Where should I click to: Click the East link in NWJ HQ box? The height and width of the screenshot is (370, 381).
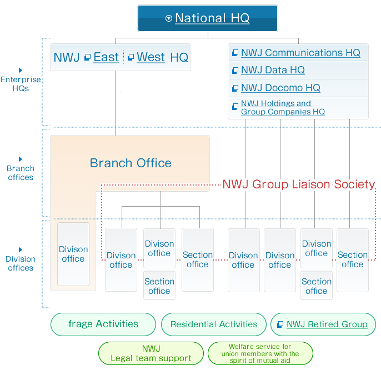coord(106,57)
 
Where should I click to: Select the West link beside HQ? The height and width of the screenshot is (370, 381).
coord(151,57)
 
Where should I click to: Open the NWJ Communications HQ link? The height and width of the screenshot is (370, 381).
coord(300,53)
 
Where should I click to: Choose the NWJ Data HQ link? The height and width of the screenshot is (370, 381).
coord(273,71)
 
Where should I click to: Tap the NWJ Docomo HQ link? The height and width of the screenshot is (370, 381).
coord(280,88)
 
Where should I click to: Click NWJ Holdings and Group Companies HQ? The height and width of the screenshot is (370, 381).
coord(282,107)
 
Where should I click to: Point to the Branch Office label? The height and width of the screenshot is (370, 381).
coord(131,163)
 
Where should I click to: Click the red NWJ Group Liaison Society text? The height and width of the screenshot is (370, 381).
coord(299,184)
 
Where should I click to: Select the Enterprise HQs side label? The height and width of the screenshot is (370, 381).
coord(21,84)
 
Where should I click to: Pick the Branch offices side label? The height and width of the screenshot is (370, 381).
coord(21,173)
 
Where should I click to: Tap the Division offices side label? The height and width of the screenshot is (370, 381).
coord(21,263)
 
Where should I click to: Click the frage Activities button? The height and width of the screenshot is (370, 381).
coord(103,324)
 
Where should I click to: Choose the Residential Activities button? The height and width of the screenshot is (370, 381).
coord(214,324)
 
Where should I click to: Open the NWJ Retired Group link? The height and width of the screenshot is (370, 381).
coord(327,324)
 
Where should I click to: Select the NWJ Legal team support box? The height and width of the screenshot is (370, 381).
coord(151,354)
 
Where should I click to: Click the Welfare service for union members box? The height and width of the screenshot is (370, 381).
coord(260,354)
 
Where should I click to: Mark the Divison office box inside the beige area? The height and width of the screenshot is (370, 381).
coord(73,254)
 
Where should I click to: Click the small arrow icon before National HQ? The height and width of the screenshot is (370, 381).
coord(169,18)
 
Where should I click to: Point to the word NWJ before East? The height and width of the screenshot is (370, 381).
coord(67,57)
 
